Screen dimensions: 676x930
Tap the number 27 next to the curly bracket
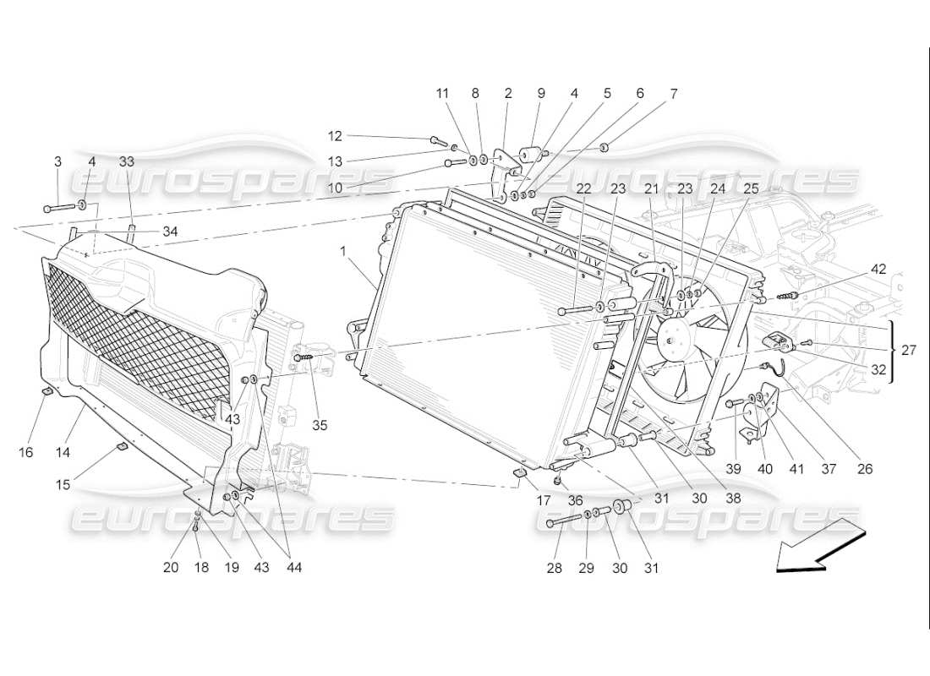coord(908,349)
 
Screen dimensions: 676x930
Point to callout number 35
coord(320,425)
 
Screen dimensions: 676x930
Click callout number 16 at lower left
coord(26,452)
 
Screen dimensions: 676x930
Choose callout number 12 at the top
coord(335,135)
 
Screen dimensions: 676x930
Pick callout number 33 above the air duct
coord(127,161)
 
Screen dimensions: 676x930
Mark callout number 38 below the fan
coord(733,499)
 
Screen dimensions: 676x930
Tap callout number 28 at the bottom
coord(554,569)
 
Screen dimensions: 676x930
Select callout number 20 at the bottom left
coord(172,568)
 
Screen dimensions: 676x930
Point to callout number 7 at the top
coord(673,95)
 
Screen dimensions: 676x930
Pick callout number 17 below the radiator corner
coord(543,500)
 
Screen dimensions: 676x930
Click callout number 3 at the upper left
coord(57,161)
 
